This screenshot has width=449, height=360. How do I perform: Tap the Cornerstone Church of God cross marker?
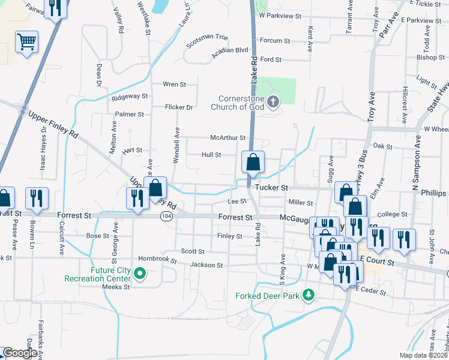coord(273,101)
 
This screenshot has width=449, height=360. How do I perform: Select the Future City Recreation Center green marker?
coord(140,275)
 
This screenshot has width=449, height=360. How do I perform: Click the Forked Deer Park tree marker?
coord(309,295)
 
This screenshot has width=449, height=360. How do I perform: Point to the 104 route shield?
coord(166,216)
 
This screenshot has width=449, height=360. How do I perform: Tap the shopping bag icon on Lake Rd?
coord(253,162)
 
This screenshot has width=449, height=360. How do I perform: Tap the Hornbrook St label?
coord(158,260)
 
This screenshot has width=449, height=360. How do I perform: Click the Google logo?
coord(19,353)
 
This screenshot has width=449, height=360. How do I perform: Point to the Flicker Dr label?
coord(179,107)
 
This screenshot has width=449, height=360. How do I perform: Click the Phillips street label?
coord(433,193)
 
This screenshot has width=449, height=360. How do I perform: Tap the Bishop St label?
coord(426,58)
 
